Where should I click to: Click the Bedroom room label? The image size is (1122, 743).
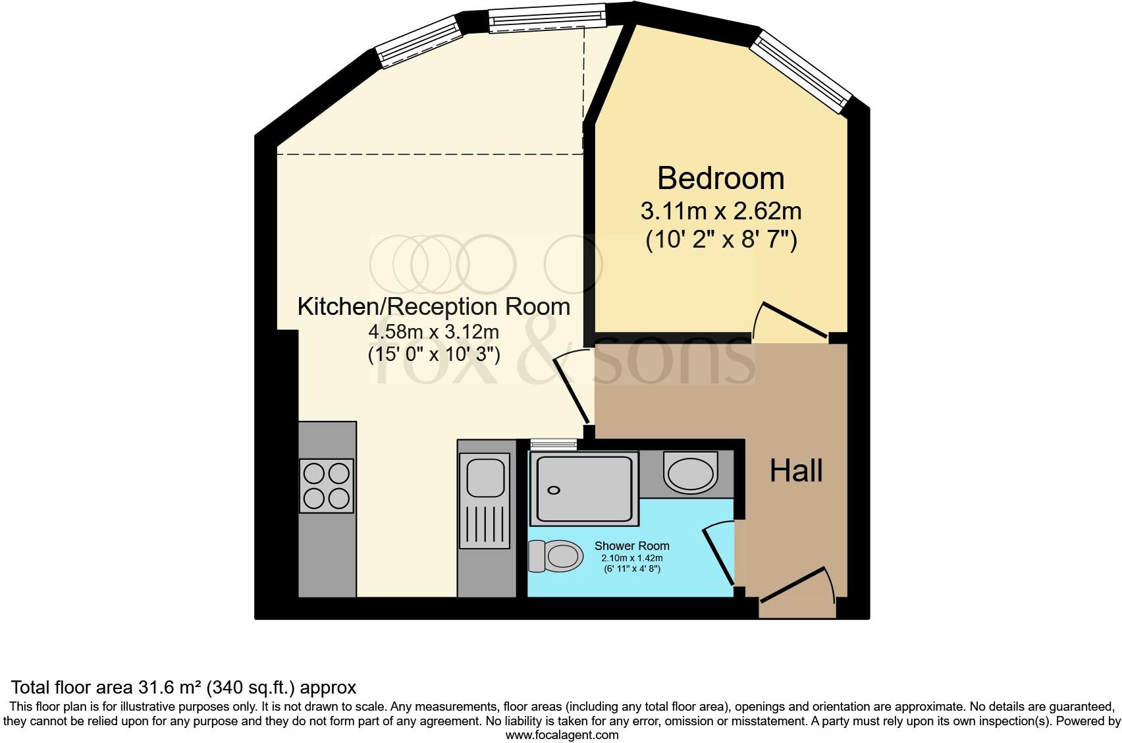(x=720, y=179)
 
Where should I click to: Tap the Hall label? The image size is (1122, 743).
(x=796, y=472)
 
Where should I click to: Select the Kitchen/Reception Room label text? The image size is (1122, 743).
(x=433, y=307)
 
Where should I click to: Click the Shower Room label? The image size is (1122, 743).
(x=631, y=546)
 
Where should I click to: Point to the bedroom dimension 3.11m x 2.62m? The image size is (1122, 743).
(x=720, y=212)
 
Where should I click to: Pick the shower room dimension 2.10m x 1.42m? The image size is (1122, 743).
(x=631, y=558)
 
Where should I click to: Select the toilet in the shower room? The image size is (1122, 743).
(x=556, y=556)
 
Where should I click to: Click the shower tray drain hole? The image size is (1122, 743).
(x=554, y=490)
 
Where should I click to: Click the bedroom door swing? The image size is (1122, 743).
(x=790, y=321)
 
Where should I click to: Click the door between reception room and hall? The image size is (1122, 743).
(x=572, y=389)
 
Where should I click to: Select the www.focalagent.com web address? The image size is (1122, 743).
(x=561, y=734)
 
